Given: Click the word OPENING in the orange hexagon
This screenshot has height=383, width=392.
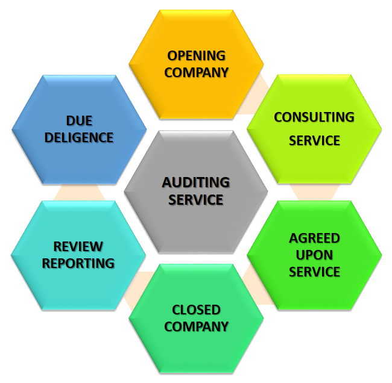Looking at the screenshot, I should point(197,56).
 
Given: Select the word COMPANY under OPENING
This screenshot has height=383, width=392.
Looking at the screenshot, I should point(197,72).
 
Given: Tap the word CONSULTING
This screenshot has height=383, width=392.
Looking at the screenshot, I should point(314,117).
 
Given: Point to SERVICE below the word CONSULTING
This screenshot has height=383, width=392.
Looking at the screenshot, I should point(314,141).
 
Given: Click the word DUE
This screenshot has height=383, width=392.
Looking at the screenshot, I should point(78,121).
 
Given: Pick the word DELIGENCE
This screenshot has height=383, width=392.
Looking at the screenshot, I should point(78,137).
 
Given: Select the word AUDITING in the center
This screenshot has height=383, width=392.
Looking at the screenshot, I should point(196,182).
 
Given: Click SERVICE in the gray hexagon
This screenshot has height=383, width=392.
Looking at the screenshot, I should point(196,199).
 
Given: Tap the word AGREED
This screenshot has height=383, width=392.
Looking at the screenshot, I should point(314,238).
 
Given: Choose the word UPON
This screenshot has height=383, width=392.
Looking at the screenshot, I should point(314,255).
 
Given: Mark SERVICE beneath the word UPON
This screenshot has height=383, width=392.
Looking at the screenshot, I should point(314,272).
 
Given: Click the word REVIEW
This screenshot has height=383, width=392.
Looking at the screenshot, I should point(78,246).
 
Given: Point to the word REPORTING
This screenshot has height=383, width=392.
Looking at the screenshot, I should point(78,263).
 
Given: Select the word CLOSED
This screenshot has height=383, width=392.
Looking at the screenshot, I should point(197,310).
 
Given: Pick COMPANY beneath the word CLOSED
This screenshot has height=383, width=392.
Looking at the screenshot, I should point(197,327).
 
